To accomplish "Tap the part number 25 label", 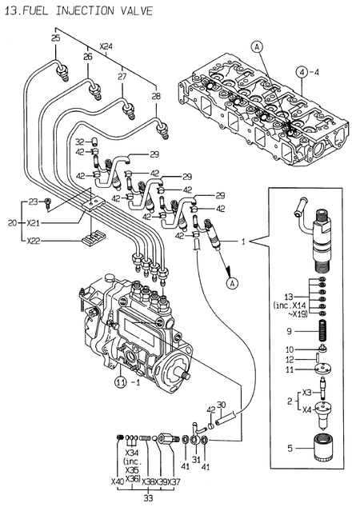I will (x=55, y=38).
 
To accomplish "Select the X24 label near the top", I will (x=106, y=47).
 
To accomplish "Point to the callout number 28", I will (x=155, y=96).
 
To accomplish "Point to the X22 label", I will (x=33, y=239).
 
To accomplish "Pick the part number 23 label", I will (x=33, y=202).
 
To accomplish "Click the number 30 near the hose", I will (x=222, y=404).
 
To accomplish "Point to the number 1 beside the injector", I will (x=243, y=239).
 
